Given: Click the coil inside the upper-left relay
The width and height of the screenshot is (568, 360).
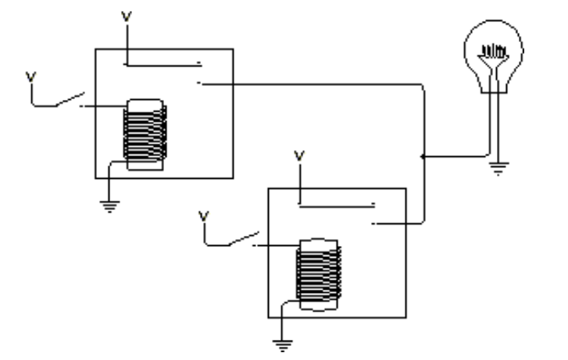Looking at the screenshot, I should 145,134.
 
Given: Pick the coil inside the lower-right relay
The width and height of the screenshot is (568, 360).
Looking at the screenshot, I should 318,273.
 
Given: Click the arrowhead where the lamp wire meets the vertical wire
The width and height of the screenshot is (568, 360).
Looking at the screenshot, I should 423,157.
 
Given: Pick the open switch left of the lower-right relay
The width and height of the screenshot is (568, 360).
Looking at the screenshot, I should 242,238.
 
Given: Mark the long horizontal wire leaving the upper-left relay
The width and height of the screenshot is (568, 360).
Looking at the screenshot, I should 313,83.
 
